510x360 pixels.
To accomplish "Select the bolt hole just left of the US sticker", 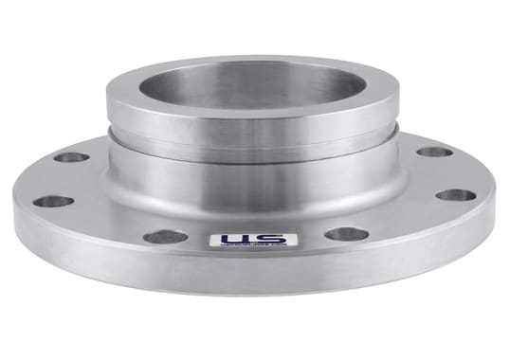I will (166, 237).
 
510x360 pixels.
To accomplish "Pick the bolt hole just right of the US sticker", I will (346, 234).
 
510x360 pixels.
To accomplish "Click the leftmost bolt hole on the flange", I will (53, 201).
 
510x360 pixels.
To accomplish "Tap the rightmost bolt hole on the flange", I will (456, 196).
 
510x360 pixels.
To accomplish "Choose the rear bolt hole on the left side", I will (72, 157).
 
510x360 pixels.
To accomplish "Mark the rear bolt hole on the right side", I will (435, 152).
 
